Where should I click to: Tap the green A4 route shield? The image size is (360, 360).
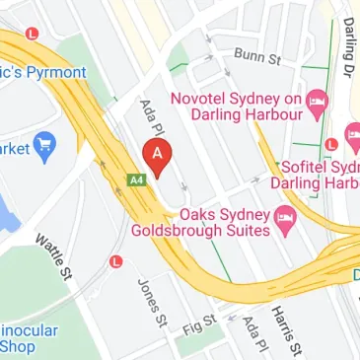pyautogui.click(x=137, y=180)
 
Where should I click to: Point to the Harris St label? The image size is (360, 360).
pyautogui.click(x=284, y=324)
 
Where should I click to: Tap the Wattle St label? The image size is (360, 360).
pyautogui.click(x=54, y=255)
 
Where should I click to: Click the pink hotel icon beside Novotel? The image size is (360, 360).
pyautogui.click(x=317, y=100)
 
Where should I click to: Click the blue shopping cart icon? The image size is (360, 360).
pyautogui.click(x=44, y=149)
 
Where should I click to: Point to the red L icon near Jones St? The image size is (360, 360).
pyautogui.click(x=116, y=262)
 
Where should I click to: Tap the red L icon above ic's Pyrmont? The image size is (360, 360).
pyautogui.click(x=33, y=33)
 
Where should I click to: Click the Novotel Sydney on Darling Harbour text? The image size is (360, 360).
pyautogui.click(x=237, y=108)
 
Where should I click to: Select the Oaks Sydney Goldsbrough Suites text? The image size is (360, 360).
pyautogui.click(x=202, y=223)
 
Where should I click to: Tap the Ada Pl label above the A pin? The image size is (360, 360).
pyautogui.click(x=150, y=119)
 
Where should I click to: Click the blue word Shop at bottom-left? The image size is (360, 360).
pyautogui.click(x=18, y=347)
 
